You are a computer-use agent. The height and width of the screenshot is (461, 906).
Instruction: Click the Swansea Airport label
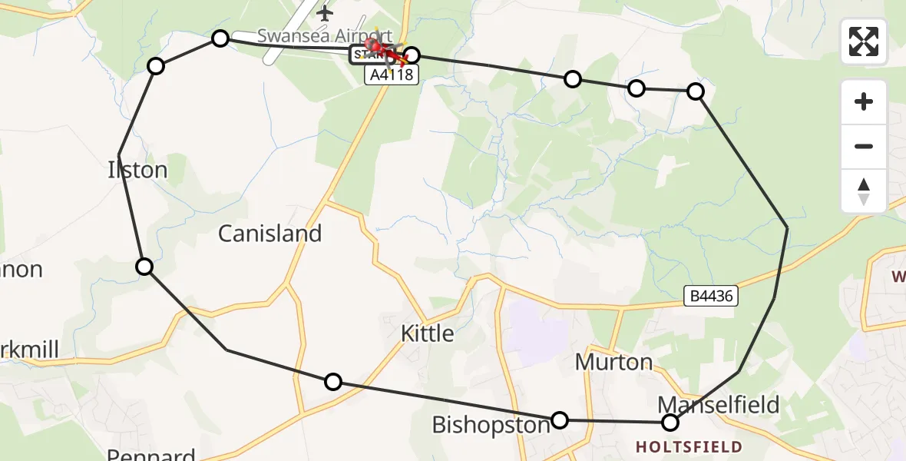pyautogui.click(x=325, y=35)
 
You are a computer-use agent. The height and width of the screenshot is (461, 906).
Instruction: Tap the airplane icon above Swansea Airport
pyautogui.click(x=326, y=13)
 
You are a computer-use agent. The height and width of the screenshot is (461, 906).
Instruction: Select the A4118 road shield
pyautogui.click(x=392, y=75)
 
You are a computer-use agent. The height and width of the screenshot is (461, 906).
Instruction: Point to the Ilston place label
pyautogui.click(x=138, y=170)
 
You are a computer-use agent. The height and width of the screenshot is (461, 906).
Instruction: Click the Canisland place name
pyautogui.click(x=269, y=234)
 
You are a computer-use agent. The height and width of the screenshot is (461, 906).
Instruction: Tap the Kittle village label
pyautogui.click(x=428, y=333)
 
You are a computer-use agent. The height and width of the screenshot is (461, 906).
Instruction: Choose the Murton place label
pyautogui.click(x=613, y=362)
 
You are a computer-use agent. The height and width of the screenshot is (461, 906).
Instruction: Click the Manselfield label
pyautogui.click(x=719, y=404)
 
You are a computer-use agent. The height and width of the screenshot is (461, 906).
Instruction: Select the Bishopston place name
pyautogui.click(x=491, y=425)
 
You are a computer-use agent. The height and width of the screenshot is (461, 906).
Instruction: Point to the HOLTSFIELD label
pyautogui.click(x=689, y=447)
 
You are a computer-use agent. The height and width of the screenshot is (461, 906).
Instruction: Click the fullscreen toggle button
pyautogui.click(x=864, y=41)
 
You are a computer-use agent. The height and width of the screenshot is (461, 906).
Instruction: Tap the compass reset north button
pyautogui.click(x=864, y=191)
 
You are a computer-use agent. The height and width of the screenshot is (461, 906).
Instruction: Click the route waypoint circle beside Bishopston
pyautogui.click(x=560, y=420)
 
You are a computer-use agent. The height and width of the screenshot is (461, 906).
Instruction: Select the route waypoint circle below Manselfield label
pyautogui.click(x=670, y=422)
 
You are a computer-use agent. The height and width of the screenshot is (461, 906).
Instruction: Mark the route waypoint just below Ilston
pyautogui.click(x=144, y=267)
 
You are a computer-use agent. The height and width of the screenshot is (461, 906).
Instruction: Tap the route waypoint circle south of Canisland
pyautogui.click(x=333, y=382)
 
